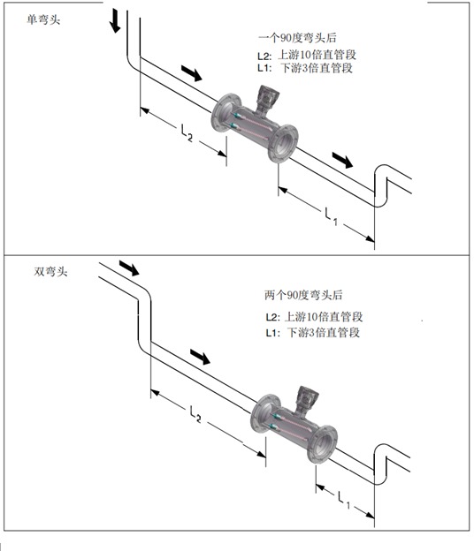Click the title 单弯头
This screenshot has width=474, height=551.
pos(43,19)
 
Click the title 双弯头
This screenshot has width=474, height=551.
pos(50,271)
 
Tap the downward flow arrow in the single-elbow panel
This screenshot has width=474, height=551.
pos(115,21)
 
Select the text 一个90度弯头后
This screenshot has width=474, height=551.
pos(297,38)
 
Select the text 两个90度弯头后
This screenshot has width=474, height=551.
pos(303,295)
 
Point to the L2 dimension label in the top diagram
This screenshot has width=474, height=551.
pos(187,132)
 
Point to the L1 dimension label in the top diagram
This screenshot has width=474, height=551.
pos(331,216)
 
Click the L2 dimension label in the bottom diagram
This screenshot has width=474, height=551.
pos(195,413)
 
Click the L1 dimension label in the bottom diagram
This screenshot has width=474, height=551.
pos(343,500)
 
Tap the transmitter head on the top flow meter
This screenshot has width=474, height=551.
pos(267,98)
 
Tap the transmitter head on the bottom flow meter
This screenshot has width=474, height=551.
pos(307,399)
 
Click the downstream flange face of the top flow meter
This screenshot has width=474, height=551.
pos(283,144)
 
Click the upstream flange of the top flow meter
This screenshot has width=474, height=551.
pos(226,112)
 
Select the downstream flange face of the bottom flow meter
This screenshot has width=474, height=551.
pos(322,444)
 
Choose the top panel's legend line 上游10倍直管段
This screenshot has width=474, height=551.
pos(317,55)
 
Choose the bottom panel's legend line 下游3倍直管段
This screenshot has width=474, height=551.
pos(324,332)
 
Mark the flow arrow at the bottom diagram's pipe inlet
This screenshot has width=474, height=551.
pos(129,268)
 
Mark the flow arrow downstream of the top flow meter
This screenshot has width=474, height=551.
pos(342,160)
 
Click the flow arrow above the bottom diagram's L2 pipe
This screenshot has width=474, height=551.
pos(200,357)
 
